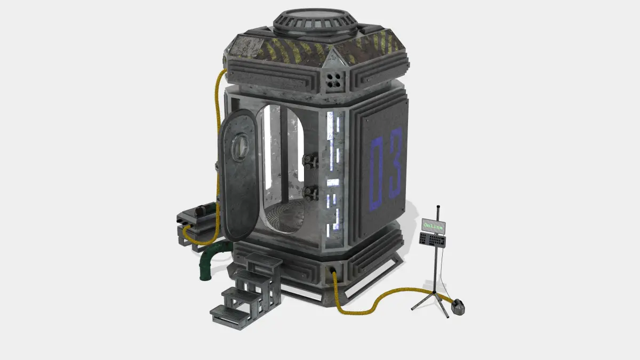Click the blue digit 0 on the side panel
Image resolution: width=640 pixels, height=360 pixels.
(x=376, y=173)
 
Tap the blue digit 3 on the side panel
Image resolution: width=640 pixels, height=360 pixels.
(x=395, y=162)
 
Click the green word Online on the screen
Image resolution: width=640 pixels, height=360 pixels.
(x=433, y=227)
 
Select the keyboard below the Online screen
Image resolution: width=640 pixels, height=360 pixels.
(x=433, y=239)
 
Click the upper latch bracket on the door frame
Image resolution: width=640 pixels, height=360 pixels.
(x=309, y=161)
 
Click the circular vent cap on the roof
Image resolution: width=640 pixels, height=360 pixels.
(x=315, y=21)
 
